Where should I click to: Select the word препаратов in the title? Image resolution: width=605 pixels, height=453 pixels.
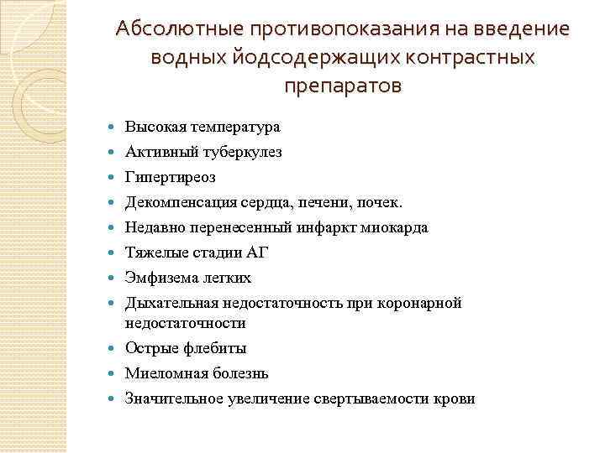(x=343, y=86)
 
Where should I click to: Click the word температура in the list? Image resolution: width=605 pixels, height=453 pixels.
(x=236, y=128)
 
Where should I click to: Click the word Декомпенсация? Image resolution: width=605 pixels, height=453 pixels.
(x=177, y=203)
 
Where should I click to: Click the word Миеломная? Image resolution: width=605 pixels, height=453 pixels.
(x=160, y=373)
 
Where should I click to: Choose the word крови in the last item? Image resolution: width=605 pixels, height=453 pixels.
(x=455, y=398)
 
